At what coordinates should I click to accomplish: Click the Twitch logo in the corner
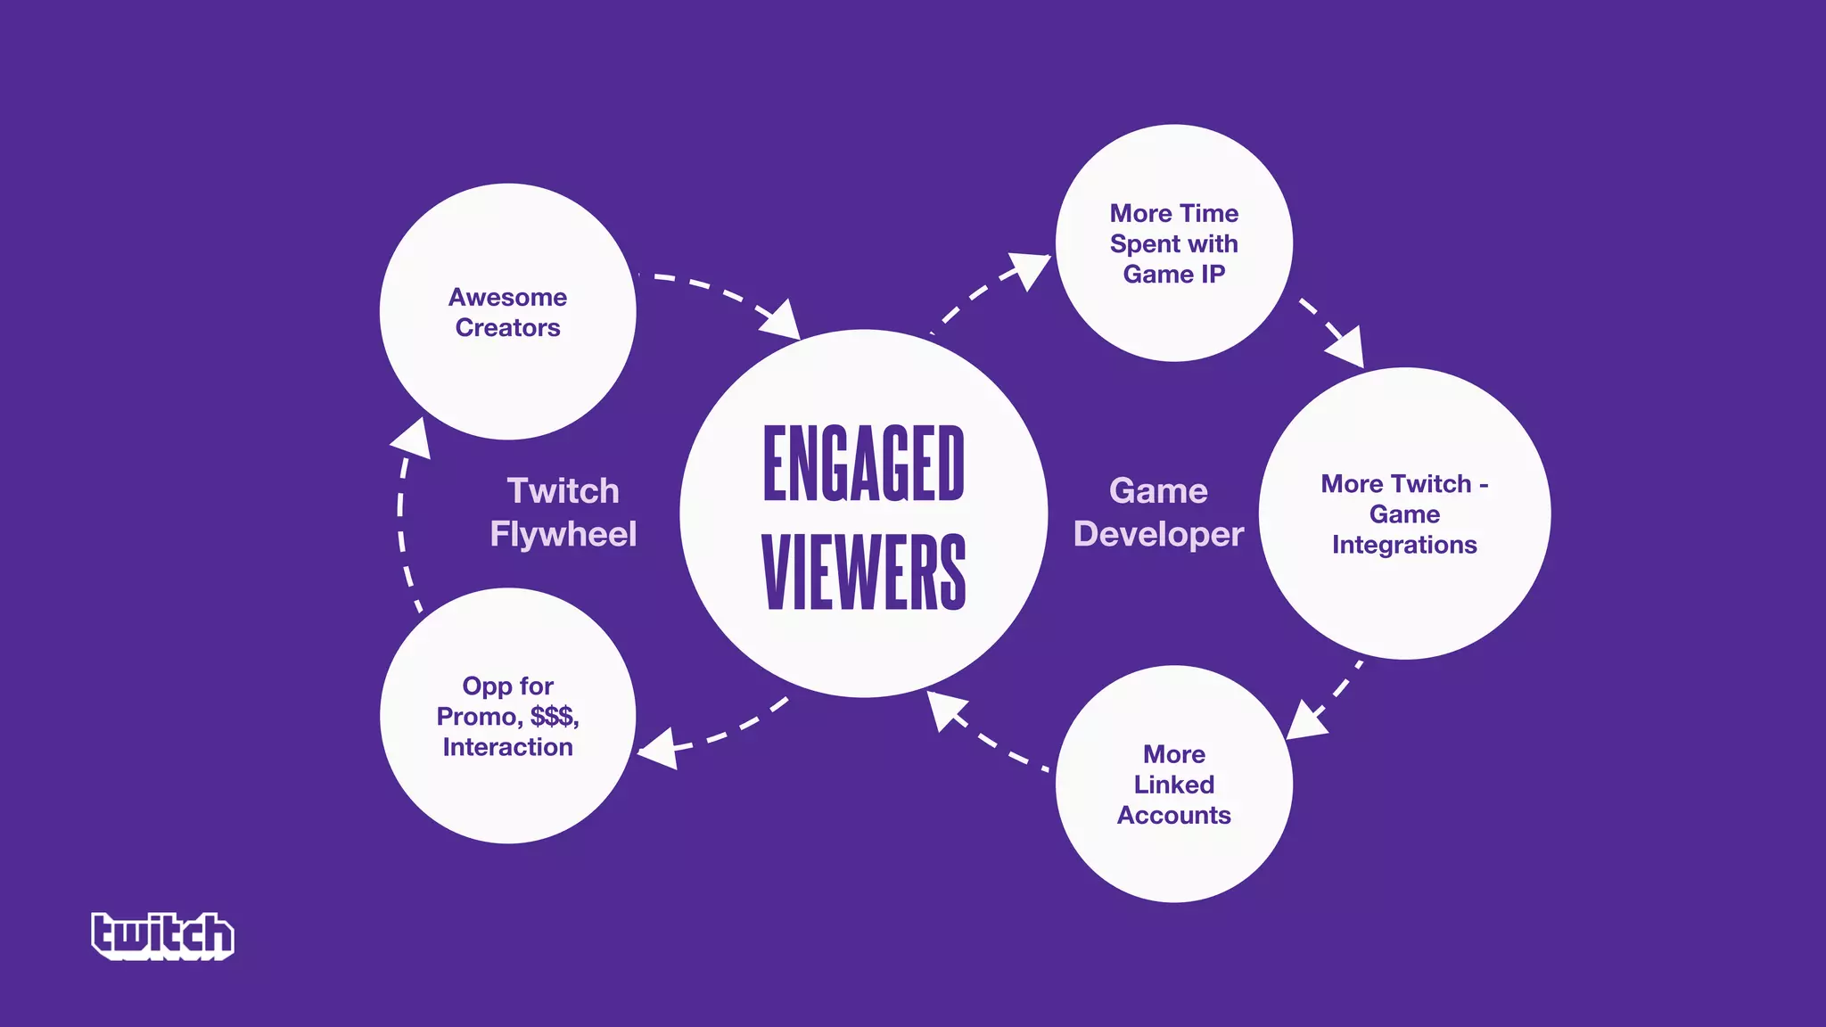(x=162, y=935)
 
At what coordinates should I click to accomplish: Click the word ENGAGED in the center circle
(x=863, y=464)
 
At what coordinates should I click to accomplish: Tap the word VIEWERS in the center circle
(x=863, y=572)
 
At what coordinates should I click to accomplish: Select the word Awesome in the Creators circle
(x=507, y=297)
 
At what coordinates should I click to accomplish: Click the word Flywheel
(x=563, y=534)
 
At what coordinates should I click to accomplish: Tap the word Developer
(x=1158, y=534)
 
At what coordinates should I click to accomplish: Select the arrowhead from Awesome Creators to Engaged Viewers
(x=781, y=321)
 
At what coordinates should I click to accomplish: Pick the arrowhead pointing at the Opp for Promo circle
(x=658, y=748)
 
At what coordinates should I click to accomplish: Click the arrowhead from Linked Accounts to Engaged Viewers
(x=943, y=710)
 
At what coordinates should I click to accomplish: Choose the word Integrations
(x=1404, y=545)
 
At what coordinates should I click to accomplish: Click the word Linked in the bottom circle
(x=1173, y=785)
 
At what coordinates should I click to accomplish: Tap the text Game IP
(x=1173, y=274)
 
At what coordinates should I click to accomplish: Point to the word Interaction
(x=507, y=747)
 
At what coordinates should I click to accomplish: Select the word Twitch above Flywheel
(x=563, y=490)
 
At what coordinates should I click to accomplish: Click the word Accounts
(x=1173, y=815)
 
